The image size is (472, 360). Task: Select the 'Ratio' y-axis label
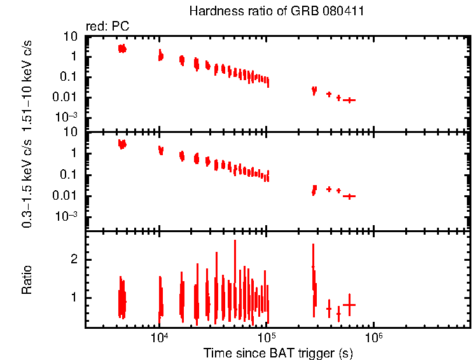click(27, 280)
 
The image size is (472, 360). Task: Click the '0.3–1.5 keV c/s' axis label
click(27, 179)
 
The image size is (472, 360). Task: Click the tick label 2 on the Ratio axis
click(74, 260)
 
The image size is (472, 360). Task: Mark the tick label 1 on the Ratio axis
click(74, 297)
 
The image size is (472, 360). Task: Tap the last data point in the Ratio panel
click(349, 305)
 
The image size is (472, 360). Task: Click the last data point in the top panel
click(349, 100)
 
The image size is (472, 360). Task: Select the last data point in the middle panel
click(349, 196)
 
